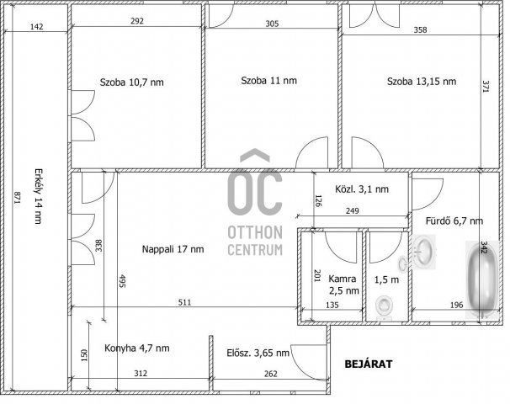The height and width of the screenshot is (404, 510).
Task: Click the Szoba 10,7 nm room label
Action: pos(132,82)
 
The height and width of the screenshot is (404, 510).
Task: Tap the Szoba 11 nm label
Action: pos(269,80)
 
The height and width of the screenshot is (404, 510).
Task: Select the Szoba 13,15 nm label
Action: pos(422,81)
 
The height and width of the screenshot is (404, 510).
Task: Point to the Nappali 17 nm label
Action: pos(173,249)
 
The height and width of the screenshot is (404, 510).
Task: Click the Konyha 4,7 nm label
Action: pos(137,348)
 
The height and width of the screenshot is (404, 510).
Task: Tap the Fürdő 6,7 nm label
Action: pos(454,221)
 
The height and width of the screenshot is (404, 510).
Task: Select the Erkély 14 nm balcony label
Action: pos(39,196)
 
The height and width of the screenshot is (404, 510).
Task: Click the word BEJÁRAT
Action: pos(369,364)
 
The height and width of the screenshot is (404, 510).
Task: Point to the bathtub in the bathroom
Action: pos(482,279)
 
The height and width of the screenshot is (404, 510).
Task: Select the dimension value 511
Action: pos(185,302)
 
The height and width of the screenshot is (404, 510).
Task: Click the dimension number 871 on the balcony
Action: pos(17,198)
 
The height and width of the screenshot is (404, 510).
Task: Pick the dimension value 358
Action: pos(420,30)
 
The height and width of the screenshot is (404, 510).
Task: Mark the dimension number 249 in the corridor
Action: pos(353,210)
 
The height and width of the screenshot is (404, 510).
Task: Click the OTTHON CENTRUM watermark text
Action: pos(255,241)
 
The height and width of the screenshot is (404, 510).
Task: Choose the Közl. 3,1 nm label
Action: pos(362,189)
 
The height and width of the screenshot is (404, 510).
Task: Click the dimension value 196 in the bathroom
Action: pos(456,306)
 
